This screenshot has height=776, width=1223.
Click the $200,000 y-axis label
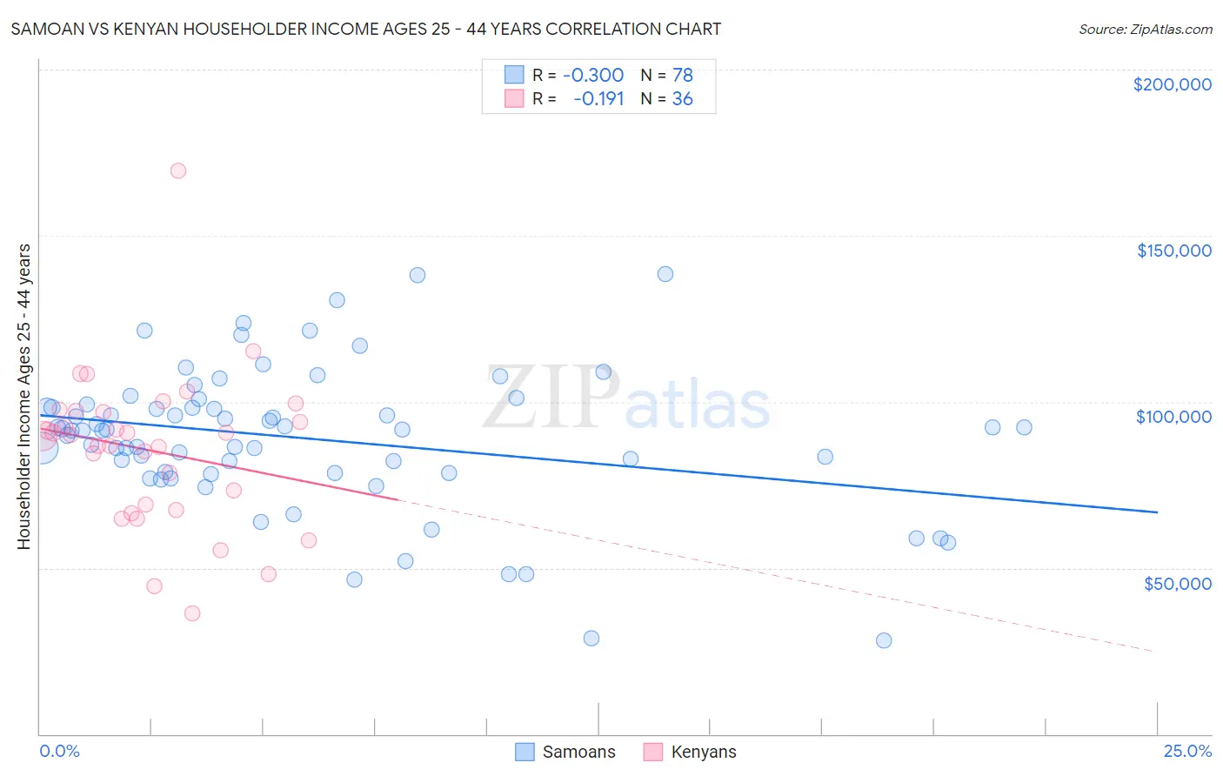1172,84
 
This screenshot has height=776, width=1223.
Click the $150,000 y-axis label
1173,251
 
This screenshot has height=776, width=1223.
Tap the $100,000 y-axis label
1173,417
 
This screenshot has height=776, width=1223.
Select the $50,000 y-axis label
1177,583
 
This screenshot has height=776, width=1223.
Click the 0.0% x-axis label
59,751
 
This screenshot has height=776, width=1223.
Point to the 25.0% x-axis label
1187,751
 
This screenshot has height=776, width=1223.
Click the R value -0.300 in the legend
593,75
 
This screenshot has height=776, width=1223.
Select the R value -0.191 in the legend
598,98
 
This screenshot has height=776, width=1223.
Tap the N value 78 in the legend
682,75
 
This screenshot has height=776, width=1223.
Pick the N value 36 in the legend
682,98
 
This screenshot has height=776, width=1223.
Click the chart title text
365,29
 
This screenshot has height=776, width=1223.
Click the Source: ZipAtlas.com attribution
1145,29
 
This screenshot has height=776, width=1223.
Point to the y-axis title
23,397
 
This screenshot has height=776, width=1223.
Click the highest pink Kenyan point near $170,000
177,171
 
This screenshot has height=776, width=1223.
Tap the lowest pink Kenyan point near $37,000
192,613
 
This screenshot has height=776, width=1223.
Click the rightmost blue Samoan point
1024,427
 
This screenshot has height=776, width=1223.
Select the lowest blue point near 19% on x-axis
884,640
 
